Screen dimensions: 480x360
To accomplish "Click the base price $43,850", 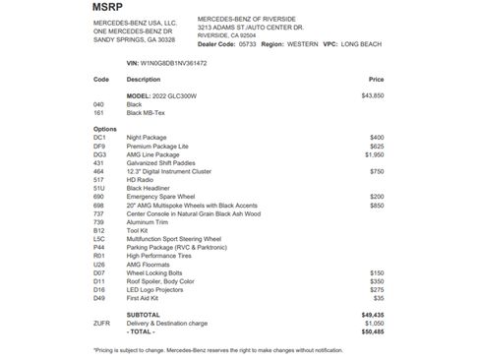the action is tap(372, 95).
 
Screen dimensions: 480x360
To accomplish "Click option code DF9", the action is tap(99, 146).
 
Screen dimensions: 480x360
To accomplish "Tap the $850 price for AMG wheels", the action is tap(377, 205).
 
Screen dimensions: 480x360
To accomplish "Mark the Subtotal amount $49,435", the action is tap(372, 315).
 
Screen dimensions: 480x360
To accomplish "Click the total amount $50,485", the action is tap(372, 331).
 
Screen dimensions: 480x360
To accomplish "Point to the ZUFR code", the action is tap(101, 324).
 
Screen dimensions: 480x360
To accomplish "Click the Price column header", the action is tap(376, 79).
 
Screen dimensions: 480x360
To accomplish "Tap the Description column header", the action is tap(144, 79).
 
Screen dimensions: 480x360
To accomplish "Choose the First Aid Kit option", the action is tap(146, 297).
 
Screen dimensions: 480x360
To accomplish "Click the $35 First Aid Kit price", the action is tap(379, 297).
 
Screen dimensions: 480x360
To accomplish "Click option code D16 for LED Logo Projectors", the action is tap(99, 288).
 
